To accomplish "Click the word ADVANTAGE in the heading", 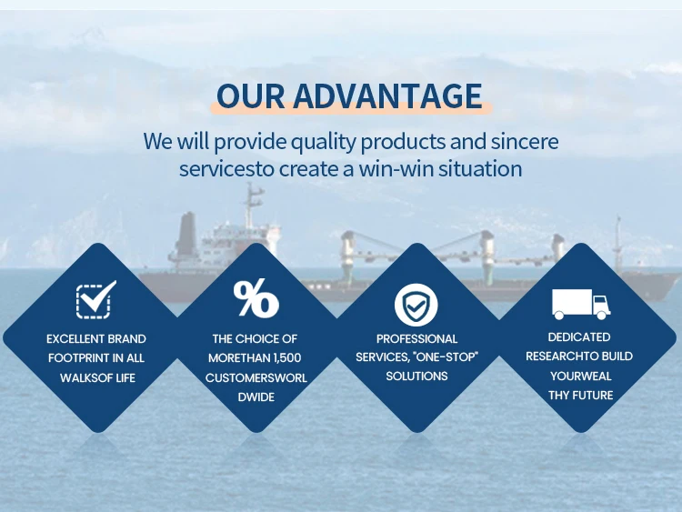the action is click(387, 95).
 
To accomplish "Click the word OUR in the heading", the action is click(251, 95).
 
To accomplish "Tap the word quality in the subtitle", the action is click(323, 143).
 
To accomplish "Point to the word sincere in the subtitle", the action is click(525, 141).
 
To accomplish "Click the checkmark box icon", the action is click(96, 299).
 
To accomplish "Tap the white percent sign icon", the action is click(256, 298).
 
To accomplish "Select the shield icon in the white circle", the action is click(416, 305).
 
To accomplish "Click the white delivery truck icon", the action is click(581, 304).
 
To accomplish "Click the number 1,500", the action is click(287, 358).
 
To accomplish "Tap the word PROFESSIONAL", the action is click(416, 339).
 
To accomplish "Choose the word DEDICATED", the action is click(579, 337).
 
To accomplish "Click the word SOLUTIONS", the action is click(416, 376).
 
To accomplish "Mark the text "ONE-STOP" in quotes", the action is click(446, 357).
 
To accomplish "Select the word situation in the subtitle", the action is click(480, 169).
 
